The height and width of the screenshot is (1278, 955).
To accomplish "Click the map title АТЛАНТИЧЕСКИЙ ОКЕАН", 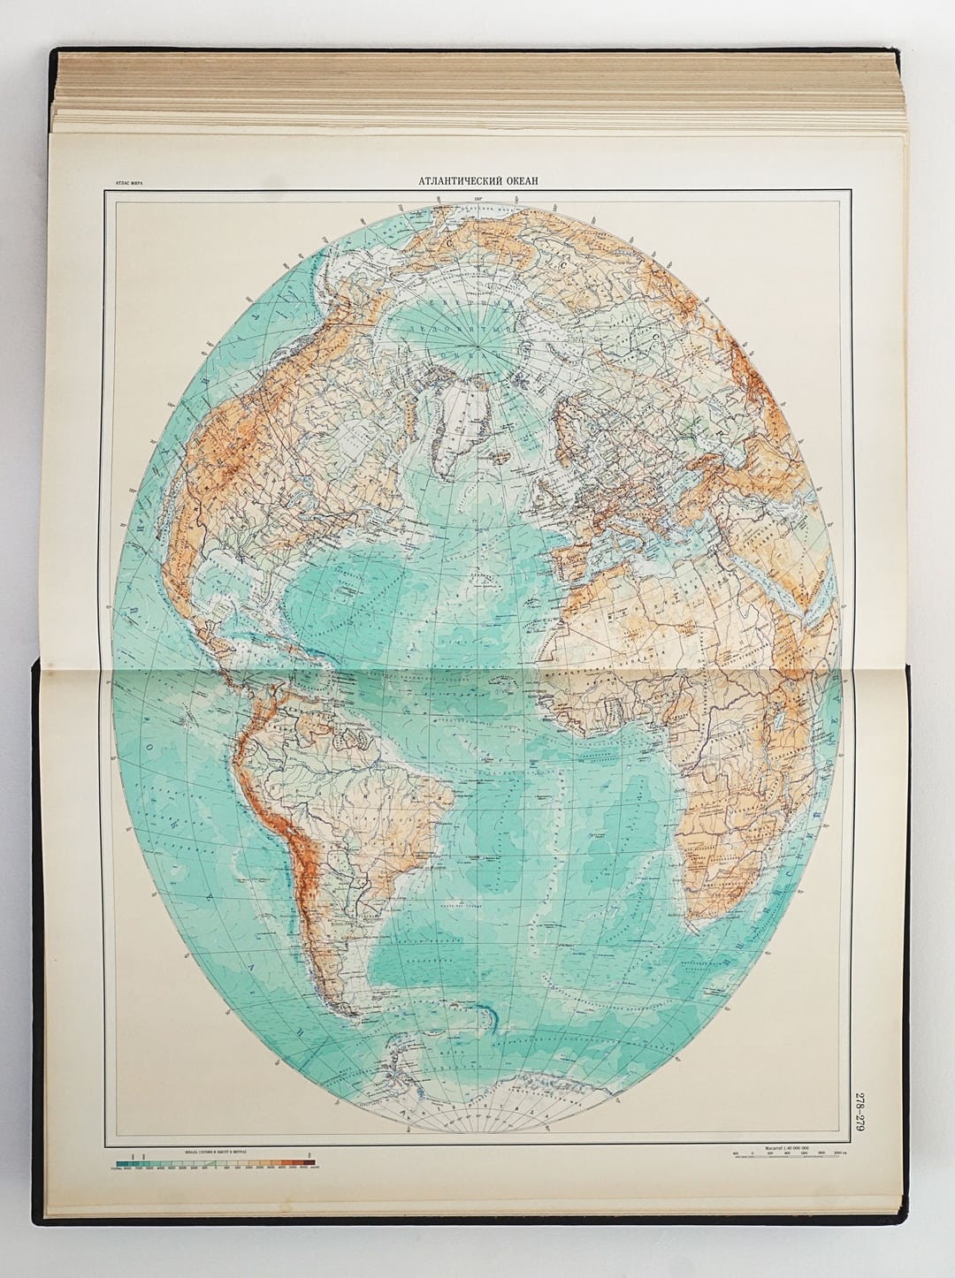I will pos(477,182).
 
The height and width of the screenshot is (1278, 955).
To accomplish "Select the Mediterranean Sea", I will pos(654,552).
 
